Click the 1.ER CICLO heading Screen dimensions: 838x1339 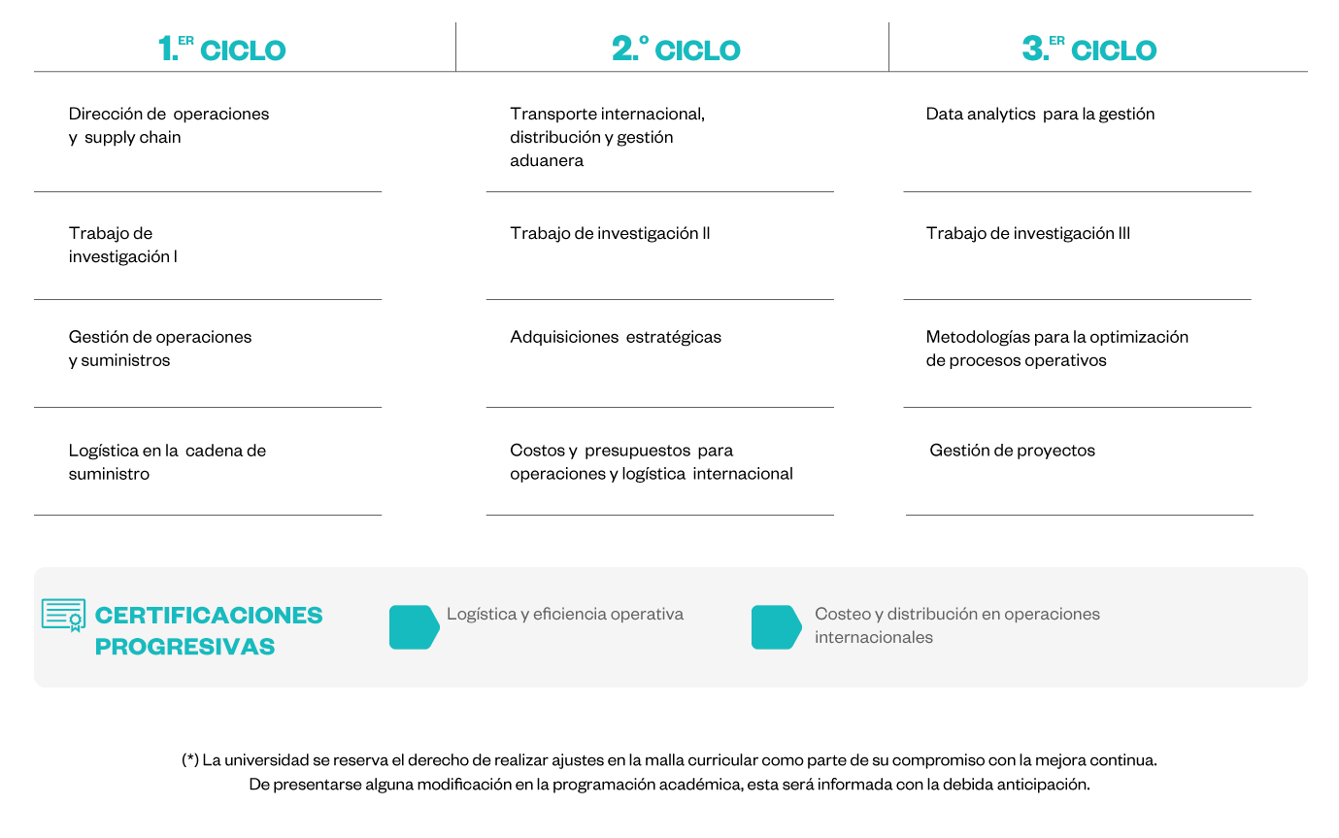pos(222,50)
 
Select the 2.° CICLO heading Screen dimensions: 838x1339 pos(676,50)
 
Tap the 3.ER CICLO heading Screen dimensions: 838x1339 pos(1089,50)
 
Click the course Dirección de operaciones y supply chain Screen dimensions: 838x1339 pos(169,125)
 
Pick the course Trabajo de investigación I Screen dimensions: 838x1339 pos(122,245)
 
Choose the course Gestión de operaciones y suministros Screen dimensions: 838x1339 pos(160,349)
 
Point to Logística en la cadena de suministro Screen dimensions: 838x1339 pos(167,462)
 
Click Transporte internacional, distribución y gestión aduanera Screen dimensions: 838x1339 pos(607,137)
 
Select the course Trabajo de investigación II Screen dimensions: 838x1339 pos(610,233)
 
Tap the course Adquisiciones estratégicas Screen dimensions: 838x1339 pos(616,337)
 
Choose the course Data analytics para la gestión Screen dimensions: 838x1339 pos(1040,114)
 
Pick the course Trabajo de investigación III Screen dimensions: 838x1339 pos(1027,233)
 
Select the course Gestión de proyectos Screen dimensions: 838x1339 pos(1012,451)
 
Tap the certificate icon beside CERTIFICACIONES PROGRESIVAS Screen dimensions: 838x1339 pos(63,615)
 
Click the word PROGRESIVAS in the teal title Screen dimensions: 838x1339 pos(184,647)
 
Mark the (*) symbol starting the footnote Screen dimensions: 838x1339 pos(190,760)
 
